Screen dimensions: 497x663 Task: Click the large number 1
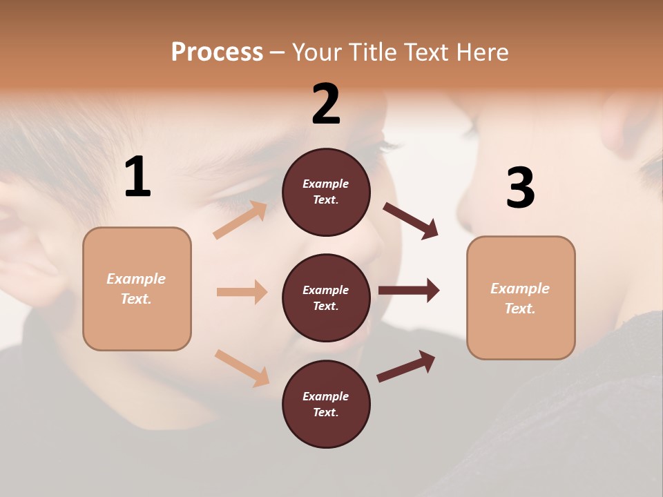[x=137, y=177]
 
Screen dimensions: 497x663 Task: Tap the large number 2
[x=326, y=104]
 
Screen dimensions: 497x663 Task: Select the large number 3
[x=520, y=188]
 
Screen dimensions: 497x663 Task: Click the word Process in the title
[x=217, y=52]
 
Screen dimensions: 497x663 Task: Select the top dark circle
[x=326, y=192]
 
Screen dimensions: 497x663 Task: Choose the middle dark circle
[x=326, y=298]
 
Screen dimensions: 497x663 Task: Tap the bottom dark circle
[x=326, y=405]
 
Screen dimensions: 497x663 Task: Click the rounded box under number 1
[x=137, y=289]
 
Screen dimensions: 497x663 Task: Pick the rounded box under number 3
[x=521, y=298]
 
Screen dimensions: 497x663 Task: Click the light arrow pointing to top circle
[x=240, y=220]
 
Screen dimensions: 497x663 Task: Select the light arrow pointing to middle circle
[x=242, y=292]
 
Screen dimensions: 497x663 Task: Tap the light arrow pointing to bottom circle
[x=242, y=368]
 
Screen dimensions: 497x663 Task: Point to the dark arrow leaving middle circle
[x=409, y=291]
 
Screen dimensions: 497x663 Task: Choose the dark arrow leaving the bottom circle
[x=406, y=366]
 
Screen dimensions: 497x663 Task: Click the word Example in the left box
[x=136, y=279]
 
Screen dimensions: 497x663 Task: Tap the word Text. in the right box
[x=520, y=309]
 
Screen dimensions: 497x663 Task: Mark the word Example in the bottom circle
[x=326, y=396]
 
